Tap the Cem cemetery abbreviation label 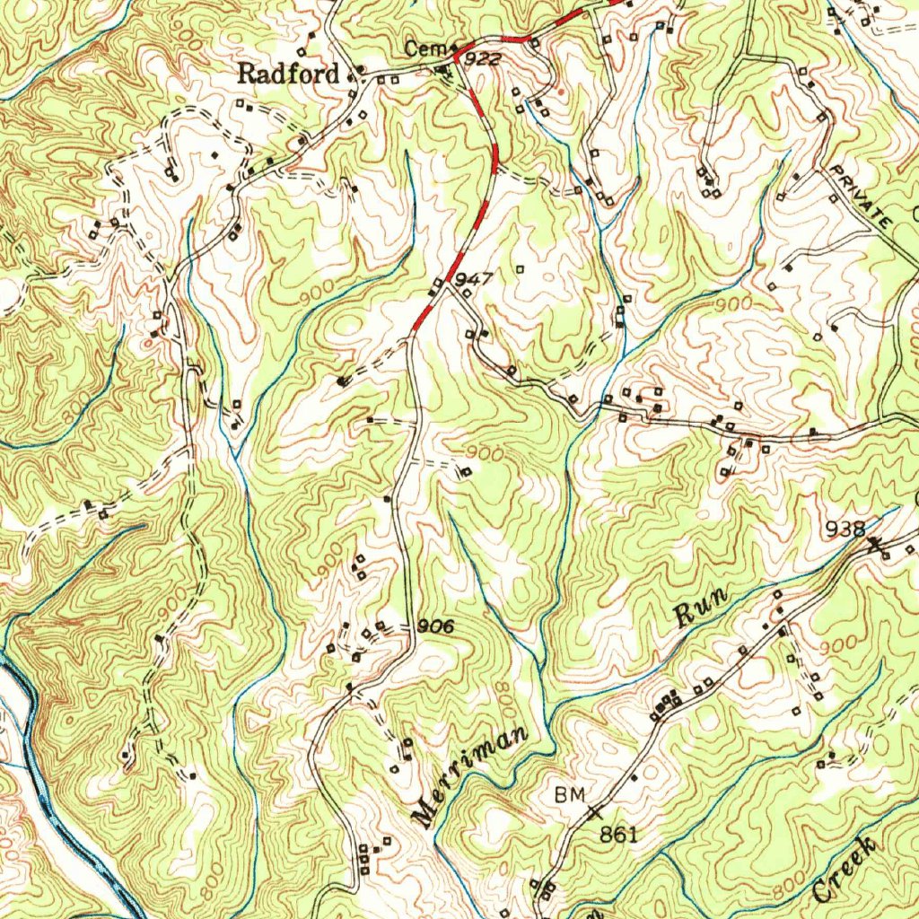418,49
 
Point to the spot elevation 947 474,280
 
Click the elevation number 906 436,626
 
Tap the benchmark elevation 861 618,835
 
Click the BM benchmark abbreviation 569,794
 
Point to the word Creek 844,870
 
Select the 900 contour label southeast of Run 836,644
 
